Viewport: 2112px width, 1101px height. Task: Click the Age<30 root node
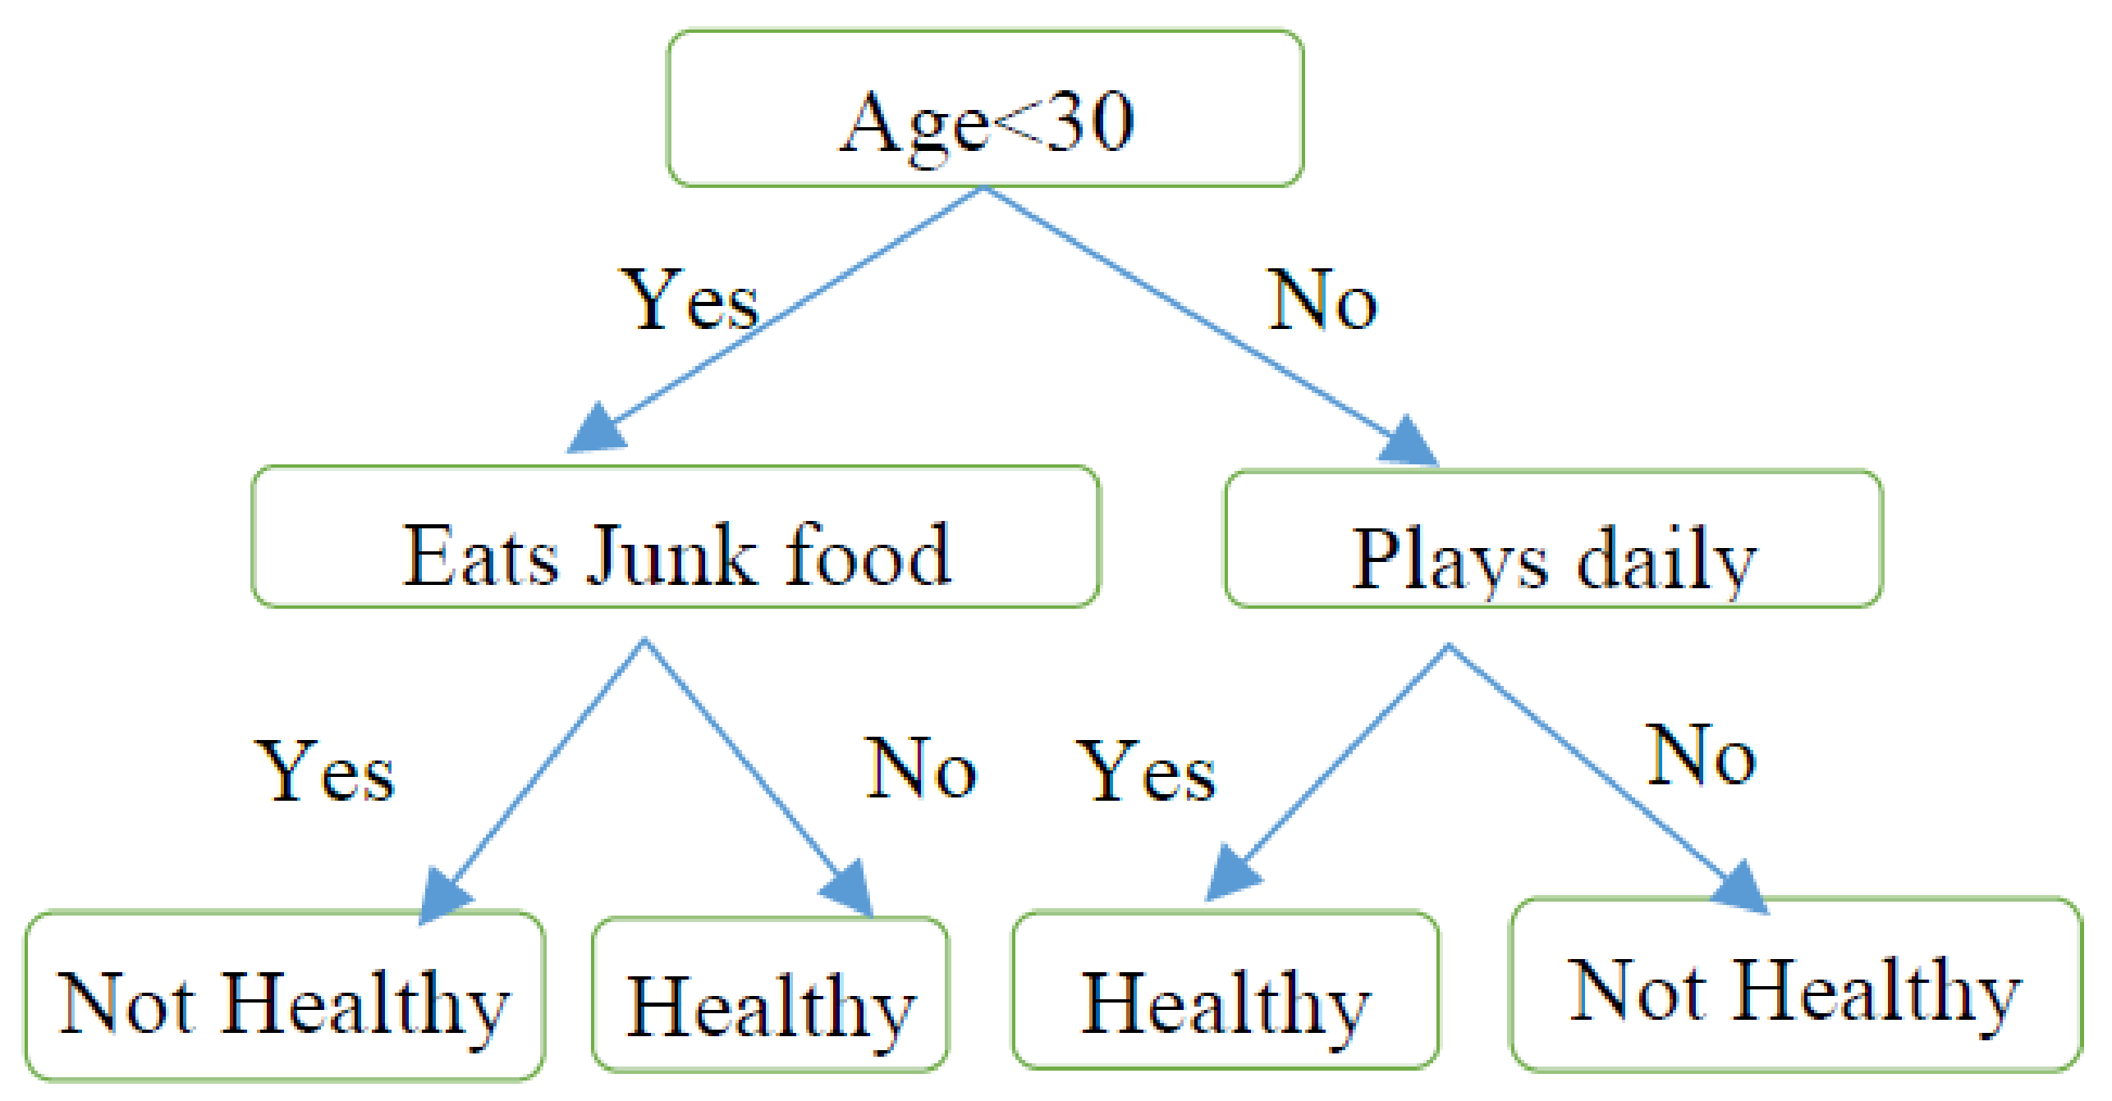[985, 109]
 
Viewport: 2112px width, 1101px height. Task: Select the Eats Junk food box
[676, 537]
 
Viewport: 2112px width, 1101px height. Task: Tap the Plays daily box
[1553, 540]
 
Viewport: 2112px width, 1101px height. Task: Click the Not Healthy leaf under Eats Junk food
[284, 996]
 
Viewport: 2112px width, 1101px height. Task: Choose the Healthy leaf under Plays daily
[1225, 991]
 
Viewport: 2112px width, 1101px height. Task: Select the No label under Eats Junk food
[921, 768]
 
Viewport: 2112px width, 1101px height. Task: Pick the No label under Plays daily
[1702, 756]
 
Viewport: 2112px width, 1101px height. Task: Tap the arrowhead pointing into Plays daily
[1408, 443]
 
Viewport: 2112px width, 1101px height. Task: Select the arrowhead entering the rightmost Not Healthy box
[1740, 888]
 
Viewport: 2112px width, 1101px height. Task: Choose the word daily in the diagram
[1666, 561]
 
